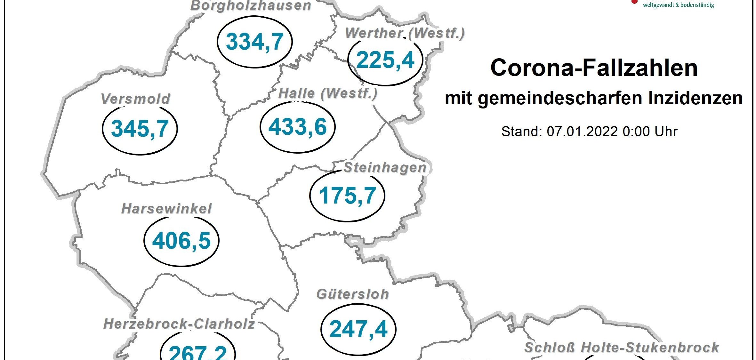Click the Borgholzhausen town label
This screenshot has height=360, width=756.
click(251, 6)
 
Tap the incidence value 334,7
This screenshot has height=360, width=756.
click(255, 42)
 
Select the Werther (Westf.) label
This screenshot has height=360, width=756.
click(405, 33)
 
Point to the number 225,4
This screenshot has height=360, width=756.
click(385, 60)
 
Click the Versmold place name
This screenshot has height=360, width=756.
click(135, 99)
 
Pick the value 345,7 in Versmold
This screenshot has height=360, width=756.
click(140, 129)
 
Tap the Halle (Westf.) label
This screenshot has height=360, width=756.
click(328, 93)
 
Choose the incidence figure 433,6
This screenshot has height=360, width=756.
click(298, 127)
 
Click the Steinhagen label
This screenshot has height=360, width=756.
click(385, 168)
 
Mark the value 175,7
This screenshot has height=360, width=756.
click(347, 196)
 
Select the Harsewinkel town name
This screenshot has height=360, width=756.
click(167, 209)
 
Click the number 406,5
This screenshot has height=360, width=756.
click(181, 241)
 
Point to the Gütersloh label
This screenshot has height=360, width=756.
click(353, 294)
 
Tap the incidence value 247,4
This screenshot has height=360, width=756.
click(358, 329)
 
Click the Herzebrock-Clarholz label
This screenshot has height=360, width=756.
click(179, 324)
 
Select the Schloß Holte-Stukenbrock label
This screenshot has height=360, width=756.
click(622, 348)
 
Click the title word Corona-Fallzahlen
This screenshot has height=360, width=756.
click(594, 68)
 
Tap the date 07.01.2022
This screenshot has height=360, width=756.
click(582, 132)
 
